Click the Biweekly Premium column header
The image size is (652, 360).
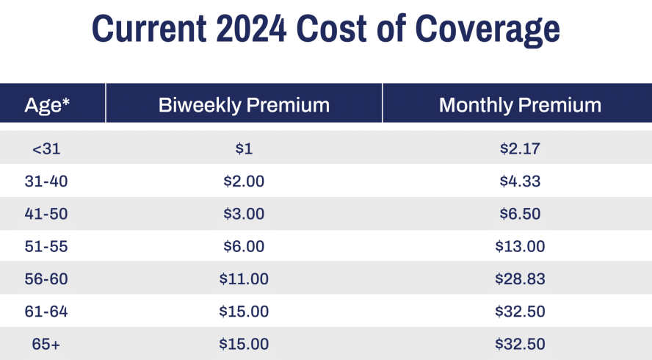[x=244, y=104]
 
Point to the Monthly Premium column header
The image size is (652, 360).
[x=520, y=104]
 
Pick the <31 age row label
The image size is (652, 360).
[x=46, y=149]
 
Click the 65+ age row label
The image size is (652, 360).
[x=46, y=344]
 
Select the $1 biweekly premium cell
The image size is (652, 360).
[x=244, y=149]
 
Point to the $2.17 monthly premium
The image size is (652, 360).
[x=520, y=149]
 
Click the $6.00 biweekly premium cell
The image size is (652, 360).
[x=244, y=247]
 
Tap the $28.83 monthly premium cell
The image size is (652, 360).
[x=520, y=279]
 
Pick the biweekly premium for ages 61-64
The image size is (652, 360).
[x=244, y=312]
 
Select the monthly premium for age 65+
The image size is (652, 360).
[x=520, y=344]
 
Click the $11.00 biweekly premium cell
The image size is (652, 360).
[x=244, y=279]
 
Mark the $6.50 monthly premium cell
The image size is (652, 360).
[x=520, y=214]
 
